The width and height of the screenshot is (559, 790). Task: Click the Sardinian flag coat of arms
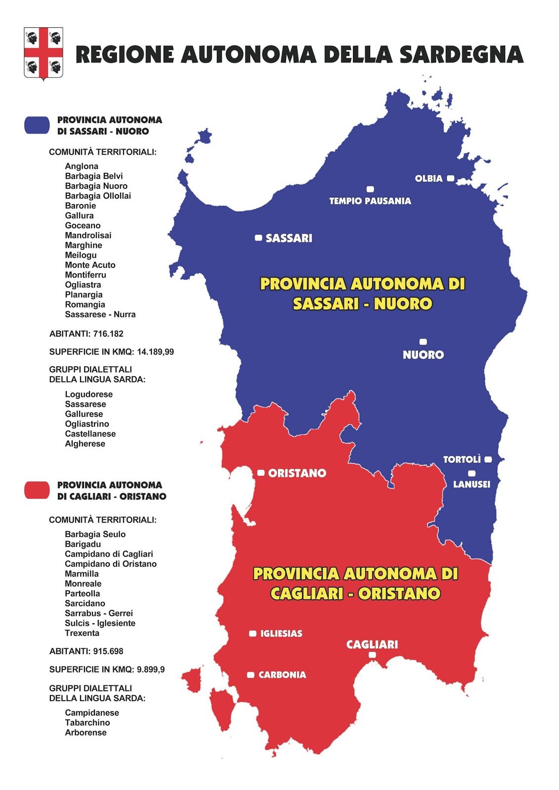(43, 53)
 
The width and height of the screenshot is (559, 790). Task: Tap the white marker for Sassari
(258, 238)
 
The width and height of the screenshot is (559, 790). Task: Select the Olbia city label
(429, 179)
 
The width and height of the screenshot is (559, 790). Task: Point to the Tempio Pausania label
(370, 201)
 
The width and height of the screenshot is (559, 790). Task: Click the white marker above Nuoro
(423, 342)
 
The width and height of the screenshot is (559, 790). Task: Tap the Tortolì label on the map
(462, 460)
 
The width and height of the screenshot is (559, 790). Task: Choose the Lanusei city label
(472, 484)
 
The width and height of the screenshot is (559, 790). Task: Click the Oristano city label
(297, 474)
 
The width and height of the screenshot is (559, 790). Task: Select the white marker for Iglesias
(253, 633)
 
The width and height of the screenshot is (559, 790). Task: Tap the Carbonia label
(282, 675)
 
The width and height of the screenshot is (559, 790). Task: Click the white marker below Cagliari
(372, 655)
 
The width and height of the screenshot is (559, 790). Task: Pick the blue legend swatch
(37, 125)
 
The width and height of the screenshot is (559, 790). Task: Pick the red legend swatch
(37, 490)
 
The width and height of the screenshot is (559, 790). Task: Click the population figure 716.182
(108, 334)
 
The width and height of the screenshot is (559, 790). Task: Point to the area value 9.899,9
(151, 670)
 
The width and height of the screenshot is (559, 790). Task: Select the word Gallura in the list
(79, 216)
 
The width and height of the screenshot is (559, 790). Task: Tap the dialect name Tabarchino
(87, 723)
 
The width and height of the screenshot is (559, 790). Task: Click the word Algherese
(85, 444)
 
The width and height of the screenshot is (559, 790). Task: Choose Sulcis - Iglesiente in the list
(100, 623)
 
